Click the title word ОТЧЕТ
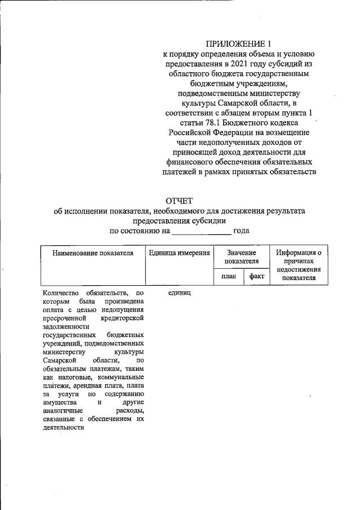pos(179,201)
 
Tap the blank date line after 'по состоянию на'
pos(201,231)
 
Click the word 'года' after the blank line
pos(241,230)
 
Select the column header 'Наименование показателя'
pos(93,254)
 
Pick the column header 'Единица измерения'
pos(179,254)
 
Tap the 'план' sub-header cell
pos(228,276)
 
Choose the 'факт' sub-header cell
pos(256,276)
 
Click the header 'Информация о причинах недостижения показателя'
pos(299,265)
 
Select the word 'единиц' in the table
pos(180,293)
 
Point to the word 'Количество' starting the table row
pos(61,293)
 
